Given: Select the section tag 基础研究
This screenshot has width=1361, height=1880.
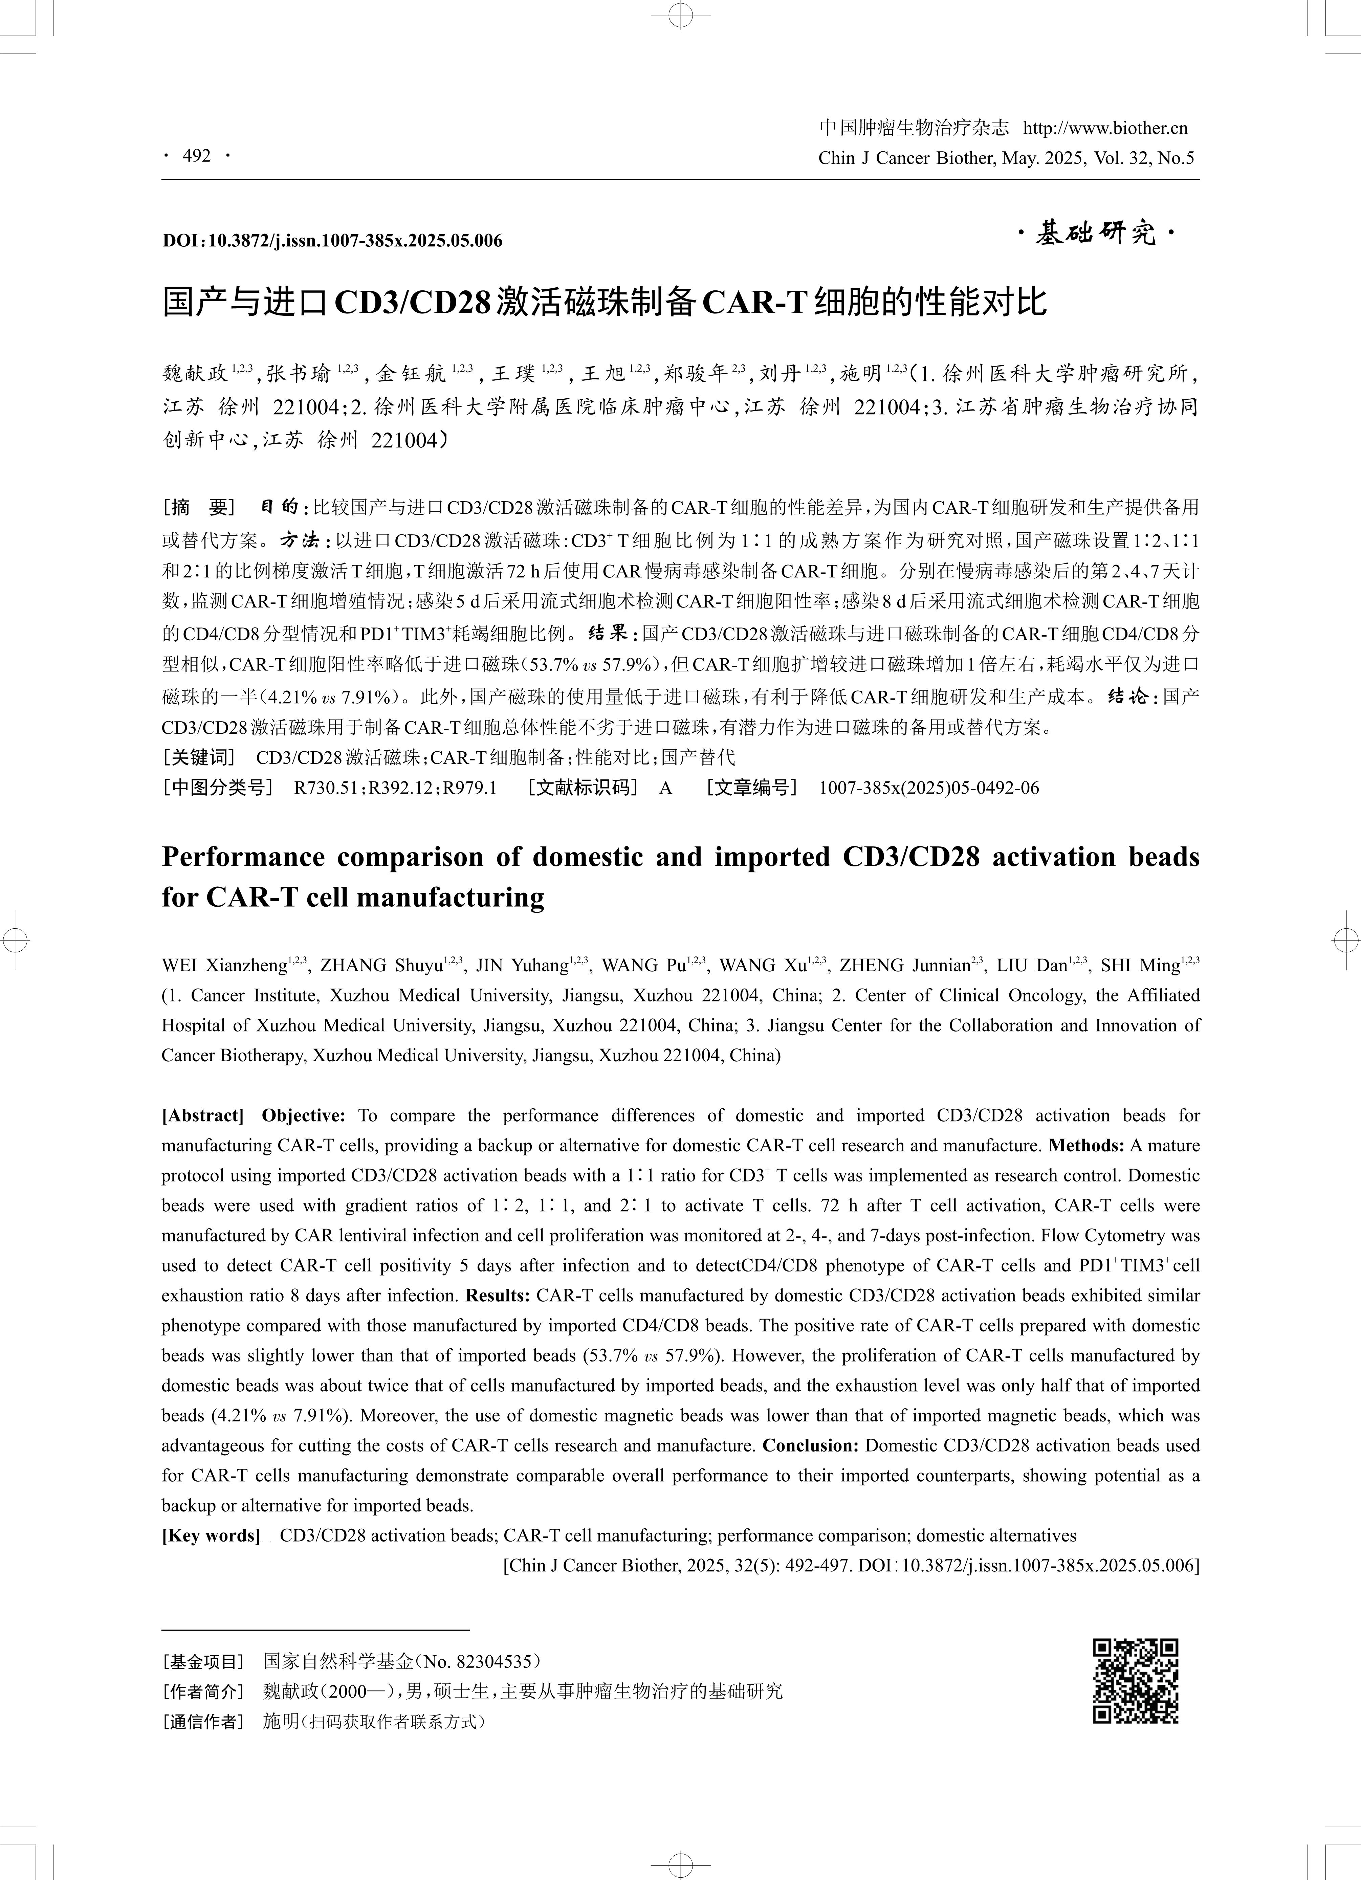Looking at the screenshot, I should (1096, 235).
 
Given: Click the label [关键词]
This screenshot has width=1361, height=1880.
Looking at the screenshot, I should (199, 757).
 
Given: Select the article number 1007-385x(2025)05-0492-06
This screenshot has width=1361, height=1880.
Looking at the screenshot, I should (928, 788).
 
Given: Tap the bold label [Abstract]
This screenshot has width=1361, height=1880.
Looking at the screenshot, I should (202, 1116).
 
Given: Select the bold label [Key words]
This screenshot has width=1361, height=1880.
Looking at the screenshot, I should (211, 1535).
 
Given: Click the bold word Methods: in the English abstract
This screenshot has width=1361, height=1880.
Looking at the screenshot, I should (1086, 1146).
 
